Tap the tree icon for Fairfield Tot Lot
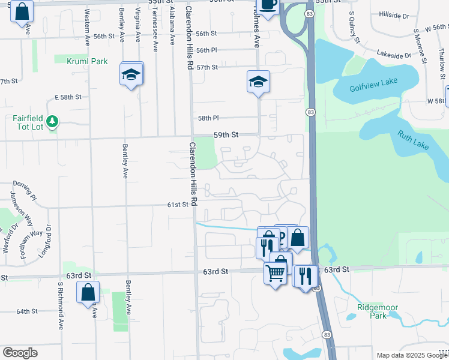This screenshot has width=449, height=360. (x=53, y=122)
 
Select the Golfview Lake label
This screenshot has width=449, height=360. (x=373, y=88)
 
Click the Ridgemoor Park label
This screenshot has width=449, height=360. (x=378, y=311)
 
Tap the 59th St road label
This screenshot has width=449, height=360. (x=226, y=136)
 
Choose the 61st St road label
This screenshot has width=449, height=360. (x=178, y=205)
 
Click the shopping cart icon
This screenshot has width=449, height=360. (x=275, y=273)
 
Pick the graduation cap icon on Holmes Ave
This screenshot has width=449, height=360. (x=258, y=82)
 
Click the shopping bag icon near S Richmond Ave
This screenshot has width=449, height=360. (x=88, y=293)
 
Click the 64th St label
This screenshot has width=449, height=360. (x=27, y=311)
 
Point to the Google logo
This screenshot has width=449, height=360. (x=20, y=353)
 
